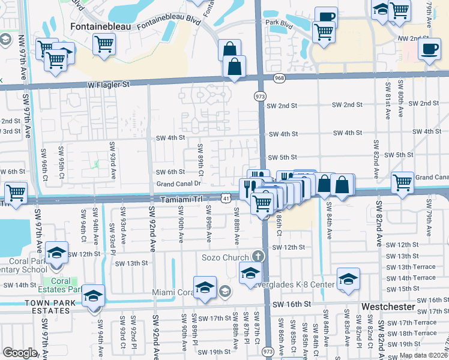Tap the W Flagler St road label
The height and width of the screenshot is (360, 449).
point(109,85)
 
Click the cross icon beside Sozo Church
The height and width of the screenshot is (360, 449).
point(258,256)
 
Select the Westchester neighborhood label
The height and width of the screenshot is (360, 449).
point(388,306)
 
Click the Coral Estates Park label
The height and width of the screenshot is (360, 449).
point(60,284)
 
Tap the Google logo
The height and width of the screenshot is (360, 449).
point(19,352)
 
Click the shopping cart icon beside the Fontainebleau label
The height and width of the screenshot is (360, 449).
point(104,43)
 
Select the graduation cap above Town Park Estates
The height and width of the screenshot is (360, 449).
point(94,295)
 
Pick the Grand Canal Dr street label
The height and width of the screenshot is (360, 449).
point(178,184)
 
